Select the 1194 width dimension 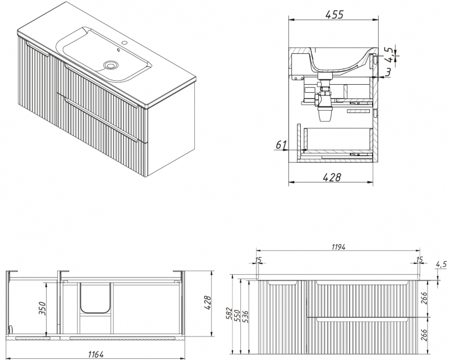click(338, 245)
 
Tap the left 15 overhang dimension click(258, 259)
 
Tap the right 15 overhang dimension click(419, 259)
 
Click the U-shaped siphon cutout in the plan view click(94, 298)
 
